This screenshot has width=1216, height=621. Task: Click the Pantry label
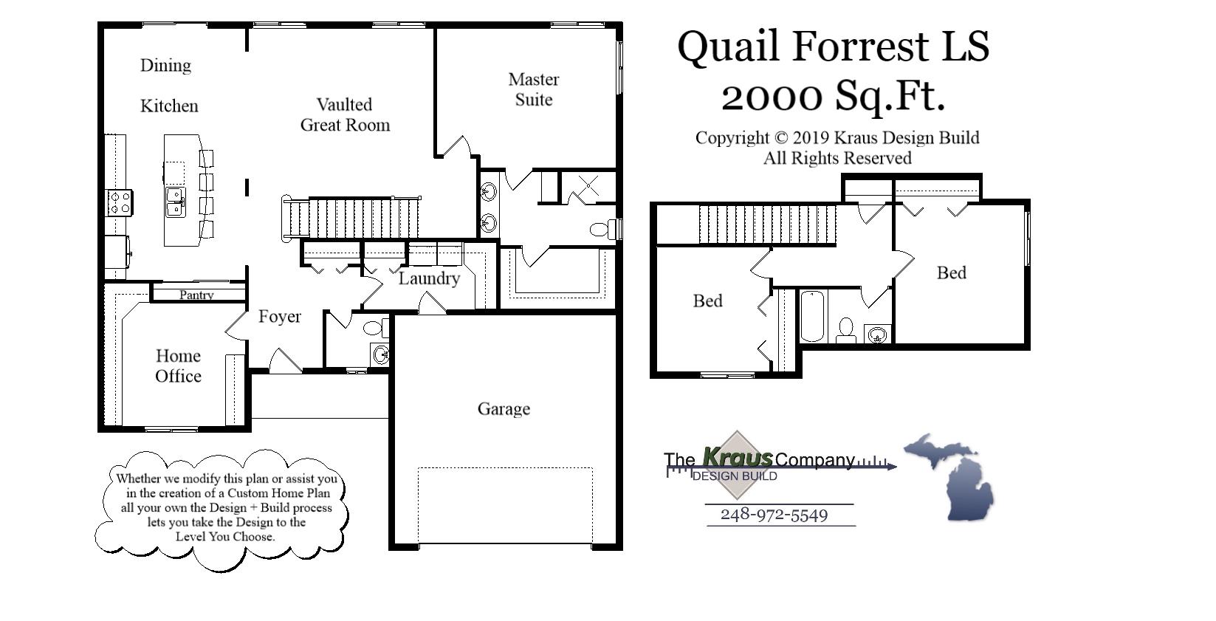[196, 295]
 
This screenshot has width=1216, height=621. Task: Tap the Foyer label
[279, 317]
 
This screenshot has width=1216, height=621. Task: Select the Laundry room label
[429, 278]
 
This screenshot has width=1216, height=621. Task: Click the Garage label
[504, 408]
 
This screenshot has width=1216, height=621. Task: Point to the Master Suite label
[533, 89]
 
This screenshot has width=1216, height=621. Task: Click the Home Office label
[178, 366]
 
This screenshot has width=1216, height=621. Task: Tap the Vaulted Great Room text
[345, 114]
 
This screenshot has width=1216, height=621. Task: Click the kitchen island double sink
[175, 202]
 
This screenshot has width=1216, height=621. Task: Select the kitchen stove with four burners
[120, 202]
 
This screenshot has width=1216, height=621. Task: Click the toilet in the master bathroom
[601, 229]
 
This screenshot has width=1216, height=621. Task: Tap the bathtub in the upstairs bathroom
[812, 316]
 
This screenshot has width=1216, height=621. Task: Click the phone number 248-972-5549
[774, 515]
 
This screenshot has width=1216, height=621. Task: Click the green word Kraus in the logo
[736, 457]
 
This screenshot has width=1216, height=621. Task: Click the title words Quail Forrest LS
[833, 46]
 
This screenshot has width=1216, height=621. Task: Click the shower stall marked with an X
[588, 186]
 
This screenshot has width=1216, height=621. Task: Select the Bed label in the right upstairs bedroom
[951, 272]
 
